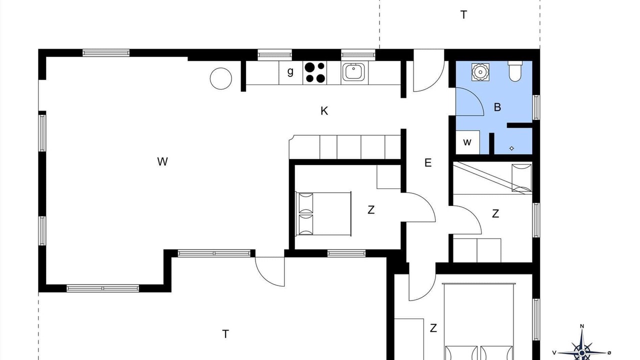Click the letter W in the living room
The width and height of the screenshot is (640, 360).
[x=162, y=161]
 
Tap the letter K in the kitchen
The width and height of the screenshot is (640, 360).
[x=324, y=111]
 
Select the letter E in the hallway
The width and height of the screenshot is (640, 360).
[x=427, y=163]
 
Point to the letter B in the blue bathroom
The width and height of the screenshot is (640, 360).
[x=497, y=107]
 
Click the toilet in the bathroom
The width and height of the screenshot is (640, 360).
[x=515, y=71]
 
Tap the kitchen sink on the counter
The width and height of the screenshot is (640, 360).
[x=353, y=71]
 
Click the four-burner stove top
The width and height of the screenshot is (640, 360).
[x=314, y=72]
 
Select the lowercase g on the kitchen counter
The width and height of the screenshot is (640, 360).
[x=290, y=71]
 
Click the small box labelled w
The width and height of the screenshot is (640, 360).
[x=467, y=142]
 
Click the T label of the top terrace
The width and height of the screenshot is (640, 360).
[x=463, y=15]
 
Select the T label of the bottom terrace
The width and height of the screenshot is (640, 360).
[x=225, y=334]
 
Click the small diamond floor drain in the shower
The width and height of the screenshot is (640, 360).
[x=511, y=148]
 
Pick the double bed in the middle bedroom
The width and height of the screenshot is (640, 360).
[x=323, y=214]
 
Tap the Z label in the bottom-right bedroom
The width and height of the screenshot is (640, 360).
[x=433, y=328]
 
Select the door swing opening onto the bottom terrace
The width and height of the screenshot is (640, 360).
[x=263, y=277]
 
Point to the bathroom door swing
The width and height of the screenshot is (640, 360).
[x=477, y=97]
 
